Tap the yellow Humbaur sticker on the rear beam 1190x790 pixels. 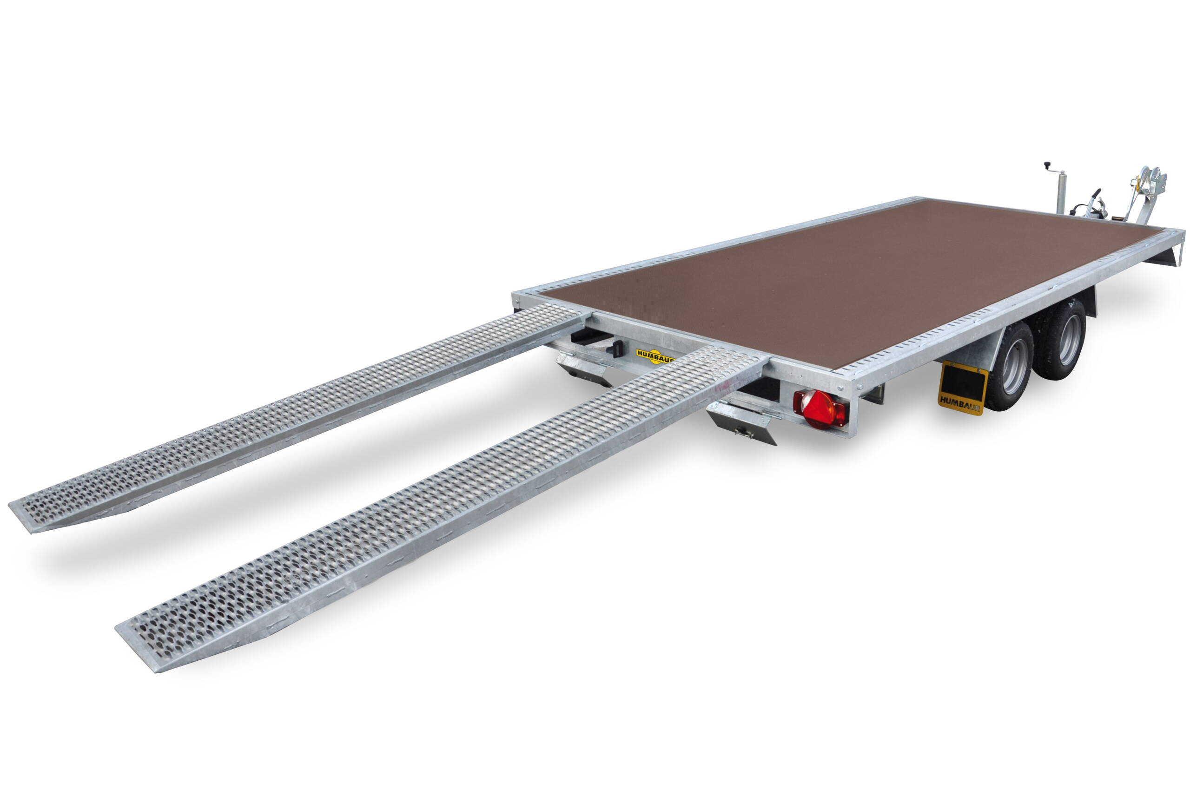click(654, 355)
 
